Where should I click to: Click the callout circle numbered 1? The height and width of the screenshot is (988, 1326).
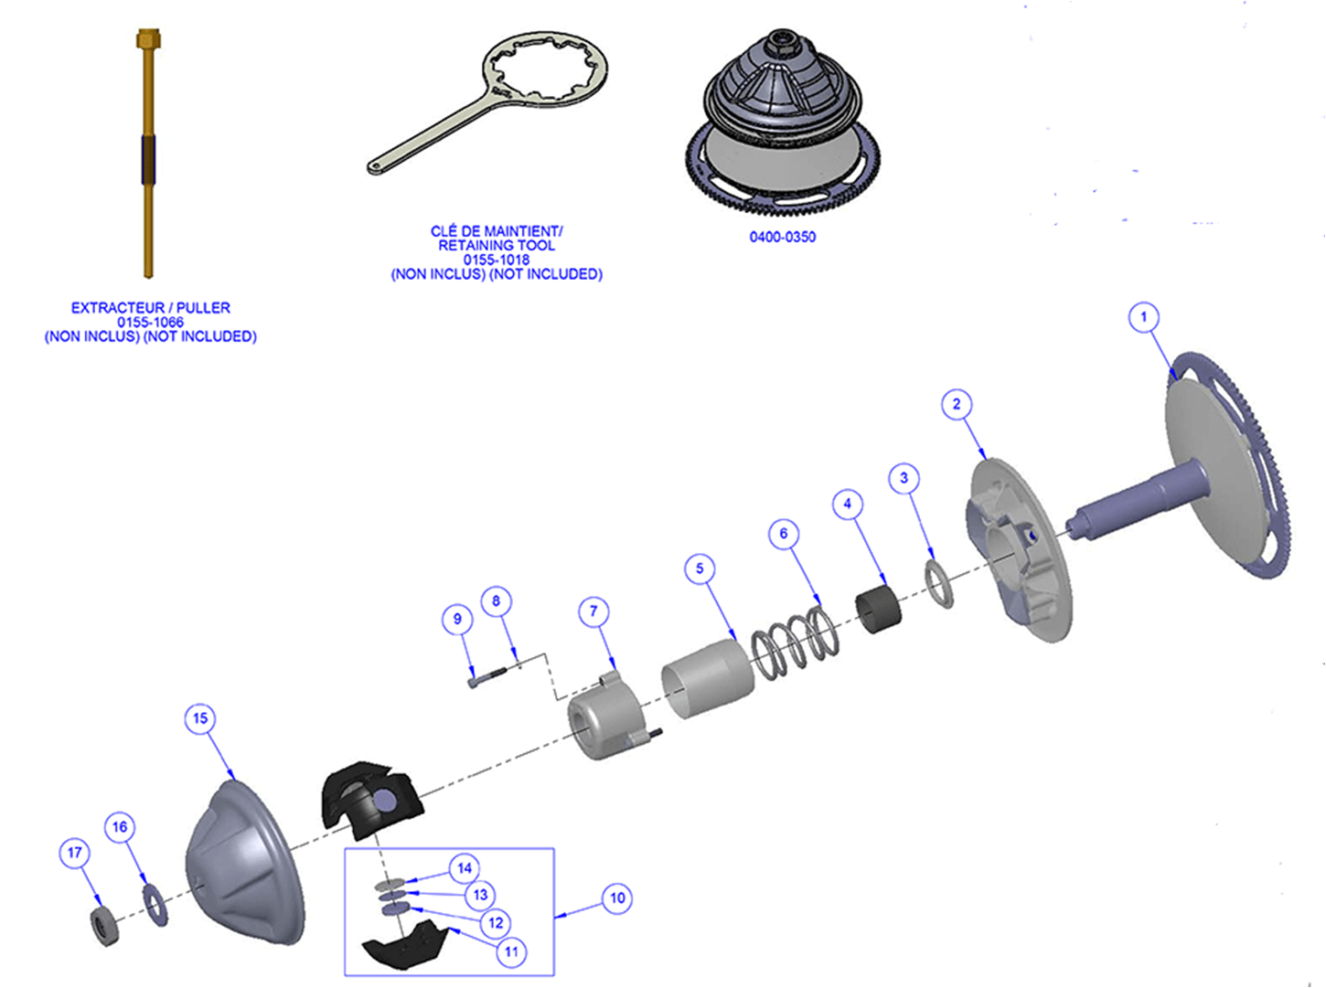click(x=1143, y=317)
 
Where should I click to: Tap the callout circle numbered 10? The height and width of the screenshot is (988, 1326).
click(x=617, y=898)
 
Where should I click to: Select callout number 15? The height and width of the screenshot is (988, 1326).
click(x=200, y=718)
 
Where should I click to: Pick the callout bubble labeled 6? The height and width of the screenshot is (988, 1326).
click(x=783, y=534)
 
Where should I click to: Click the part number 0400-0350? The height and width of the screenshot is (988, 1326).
click(x=782, y=237)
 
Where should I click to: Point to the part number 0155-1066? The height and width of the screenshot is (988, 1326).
click(x=150, y=322)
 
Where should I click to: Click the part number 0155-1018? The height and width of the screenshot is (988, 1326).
click(x=496, y=260)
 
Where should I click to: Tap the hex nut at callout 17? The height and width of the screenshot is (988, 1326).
click(x=106, y=925)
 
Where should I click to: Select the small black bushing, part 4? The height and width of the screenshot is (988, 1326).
click(x=878, y=611)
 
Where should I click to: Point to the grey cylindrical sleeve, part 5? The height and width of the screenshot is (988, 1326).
click(x=706, y=676)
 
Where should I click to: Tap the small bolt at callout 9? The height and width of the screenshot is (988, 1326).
click(x=485, y=677)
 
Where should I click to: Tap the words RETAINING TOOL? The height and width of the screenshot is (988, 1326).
click(x=496, y=245)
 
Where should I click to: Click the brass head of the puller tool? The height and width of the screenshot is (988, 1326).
click(x=148, y=39)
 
